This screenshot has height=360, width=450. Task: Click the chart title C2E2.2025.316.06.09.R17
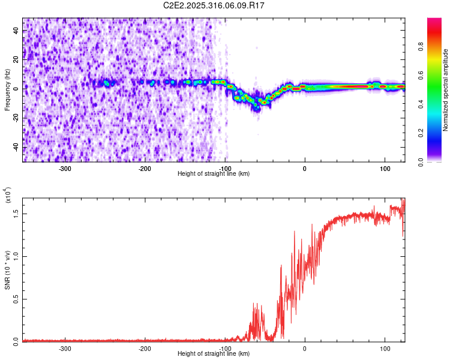214,5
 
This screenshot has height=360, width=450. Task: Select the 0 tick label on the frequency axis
17,88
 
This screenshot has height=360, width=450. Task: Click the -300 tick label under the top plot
65,168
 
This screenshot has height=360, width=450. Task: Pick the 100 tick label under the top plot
384,168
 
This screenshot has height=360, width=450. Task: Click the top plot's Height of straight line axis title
214,174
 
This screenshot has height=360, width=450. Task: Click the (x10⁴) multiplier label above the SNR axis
7,196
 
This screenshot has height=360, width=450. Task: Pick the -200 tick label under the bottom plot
145,348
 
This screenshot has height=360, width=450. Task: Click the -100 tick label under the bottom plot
224,348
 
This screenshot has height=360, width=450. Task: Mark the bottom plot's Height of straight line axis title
214,354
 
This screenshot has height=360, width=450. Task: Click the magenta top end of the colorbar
434,20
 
